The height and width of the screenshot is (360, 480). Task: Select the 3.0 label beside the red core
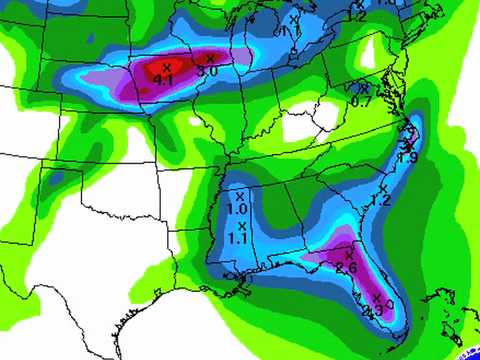(208, 72)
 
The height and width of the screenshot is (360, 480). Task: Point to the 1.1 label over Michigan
(288, 31)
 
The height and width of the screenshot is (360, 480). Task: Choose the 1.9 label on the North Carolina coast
(407, 157)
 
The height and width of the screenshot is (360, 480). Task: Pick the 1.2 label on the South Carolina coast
(381, 199)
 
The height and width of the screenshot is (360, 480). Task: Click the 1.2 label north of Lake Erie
(358, 16)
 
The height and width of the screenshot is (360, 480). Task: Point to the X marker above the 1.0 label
(240, 196)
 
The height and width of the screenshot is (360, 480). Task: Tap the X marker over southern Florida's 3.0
(378, 295)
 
